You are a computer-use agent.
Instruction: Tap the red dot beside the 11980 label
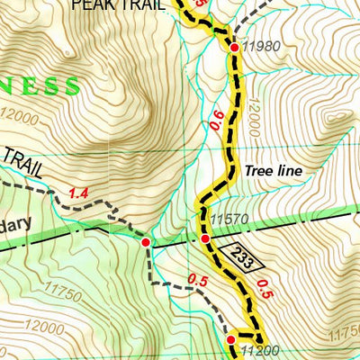pyautogui.click(x=234, y=47)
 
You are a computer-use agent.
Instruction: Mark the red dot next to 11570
pyautogui.click(x=205, y=238)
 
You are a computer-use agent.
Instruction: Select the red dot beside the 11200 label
pyautogui.click(x=230, y=339)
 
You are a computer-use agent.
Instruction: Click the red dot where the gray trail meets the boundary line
pyautogui.click(x=146, y=241)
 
